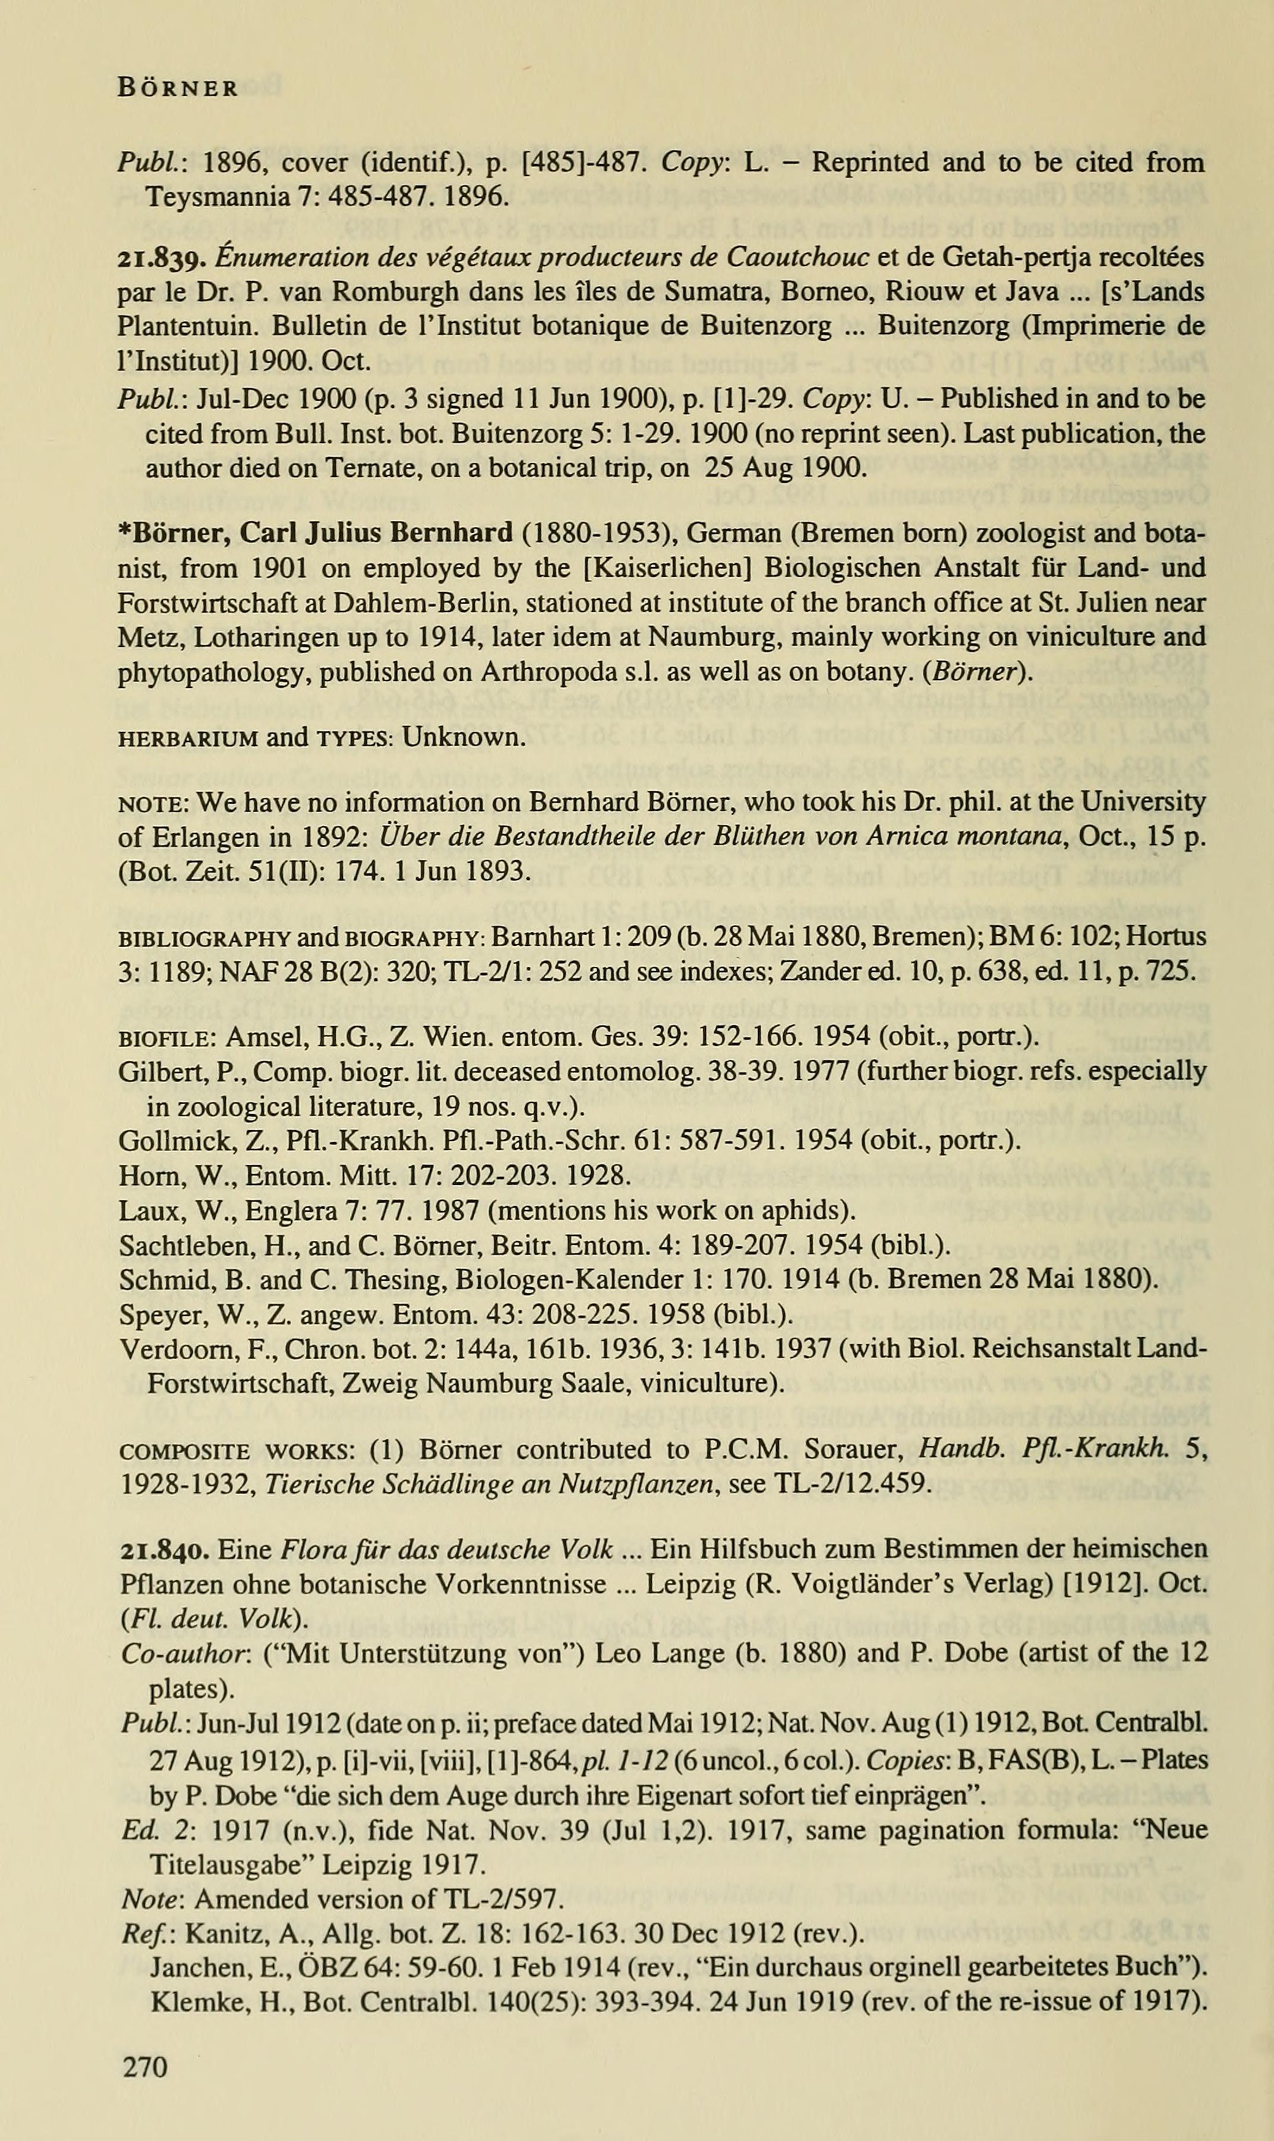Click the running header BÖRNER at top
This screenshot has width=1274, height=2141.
[178, 89]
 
